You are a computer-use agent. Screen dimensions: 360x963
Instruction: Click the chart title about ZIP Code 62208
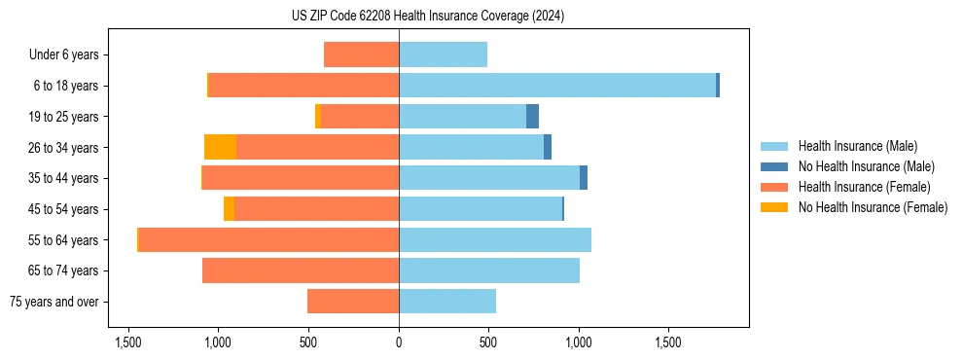pyautogui.click(x=428, y=17)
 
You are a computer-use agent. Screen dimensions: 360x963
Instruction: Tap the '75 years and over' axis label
pyautogui.click(x=54, y=302)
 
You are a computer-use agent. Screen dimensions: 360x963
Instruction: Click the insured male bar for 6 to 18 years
pyautogui.click(x=557, y=86)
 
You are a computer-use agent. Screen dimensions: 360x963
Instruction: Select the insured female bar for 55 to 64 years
pyautogui.click(x=268, y=240)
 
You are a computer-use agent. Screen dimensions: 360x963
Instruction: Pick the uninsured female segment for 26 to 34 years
pyautogui.click(x=221, y=147)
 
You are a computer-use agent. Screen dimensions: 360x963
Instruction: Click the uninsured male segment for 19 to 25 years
pyautogui.click(x=532, y=117)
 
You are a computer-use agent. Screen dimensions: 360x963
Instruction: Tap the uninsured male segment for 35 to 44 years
pyautogui.click(x=584, y=178)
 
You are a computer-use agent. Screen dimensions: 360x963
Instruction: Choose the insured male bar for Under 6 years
pyautogui.click(x=443, y=54)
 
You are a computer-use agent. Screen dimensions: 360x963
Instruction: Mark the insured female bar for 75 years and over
pyautogui.click(x=353, y=302)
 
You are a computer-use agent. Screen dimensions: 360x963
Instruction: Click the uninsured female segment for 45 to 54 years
pyautogui.click(x=229, y=209)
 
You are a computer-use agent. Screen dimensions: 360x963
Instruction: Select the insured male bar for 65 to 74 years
pyautogui.click(x=489, y=270)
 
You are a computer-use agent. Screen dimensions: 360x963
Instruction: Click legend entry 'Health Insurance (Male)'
pyautogui.click(x=857, y=146)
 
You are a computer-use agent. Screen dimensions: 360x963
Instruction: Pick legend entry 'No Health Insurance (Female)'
pyautogui.click(x=873, y=207)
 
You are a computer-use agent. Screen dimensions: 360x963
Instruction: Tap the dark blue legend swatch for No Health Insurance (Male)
pyautogui.click(x=774, y=166)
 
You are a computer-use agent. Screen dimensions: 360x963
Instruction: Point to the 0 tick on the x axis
pyautogui.click(x=399, y=342)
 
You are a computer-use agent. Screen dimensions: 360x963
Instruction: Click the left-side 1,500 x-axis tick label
pyautogui.click(x=128, y=342)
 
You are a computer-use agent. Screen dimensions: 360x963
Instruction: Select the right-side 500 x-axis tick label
pyautogui.click(x=488, y=342)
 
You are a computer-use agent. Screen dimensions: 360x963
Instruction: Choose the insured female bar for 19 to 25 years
pyautogui.click(x=360, y=117)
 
